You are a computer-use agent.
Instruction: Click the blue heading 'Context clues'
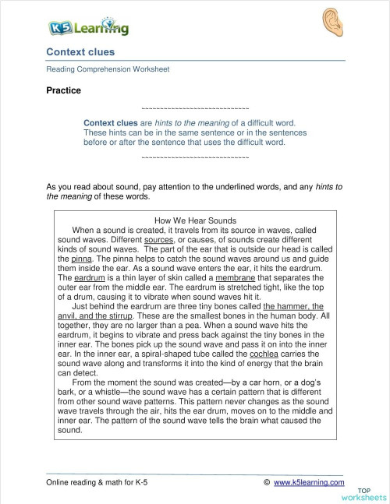[80, 52]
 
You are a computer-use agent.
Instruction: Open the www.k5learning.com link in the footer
[309, 483]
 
